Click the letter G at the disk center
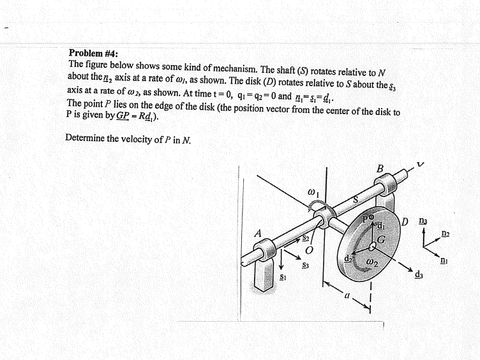pyautogui.click(x=380, y=239)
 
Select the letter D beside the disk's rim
pyautogui.click(x=405, y=221)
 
